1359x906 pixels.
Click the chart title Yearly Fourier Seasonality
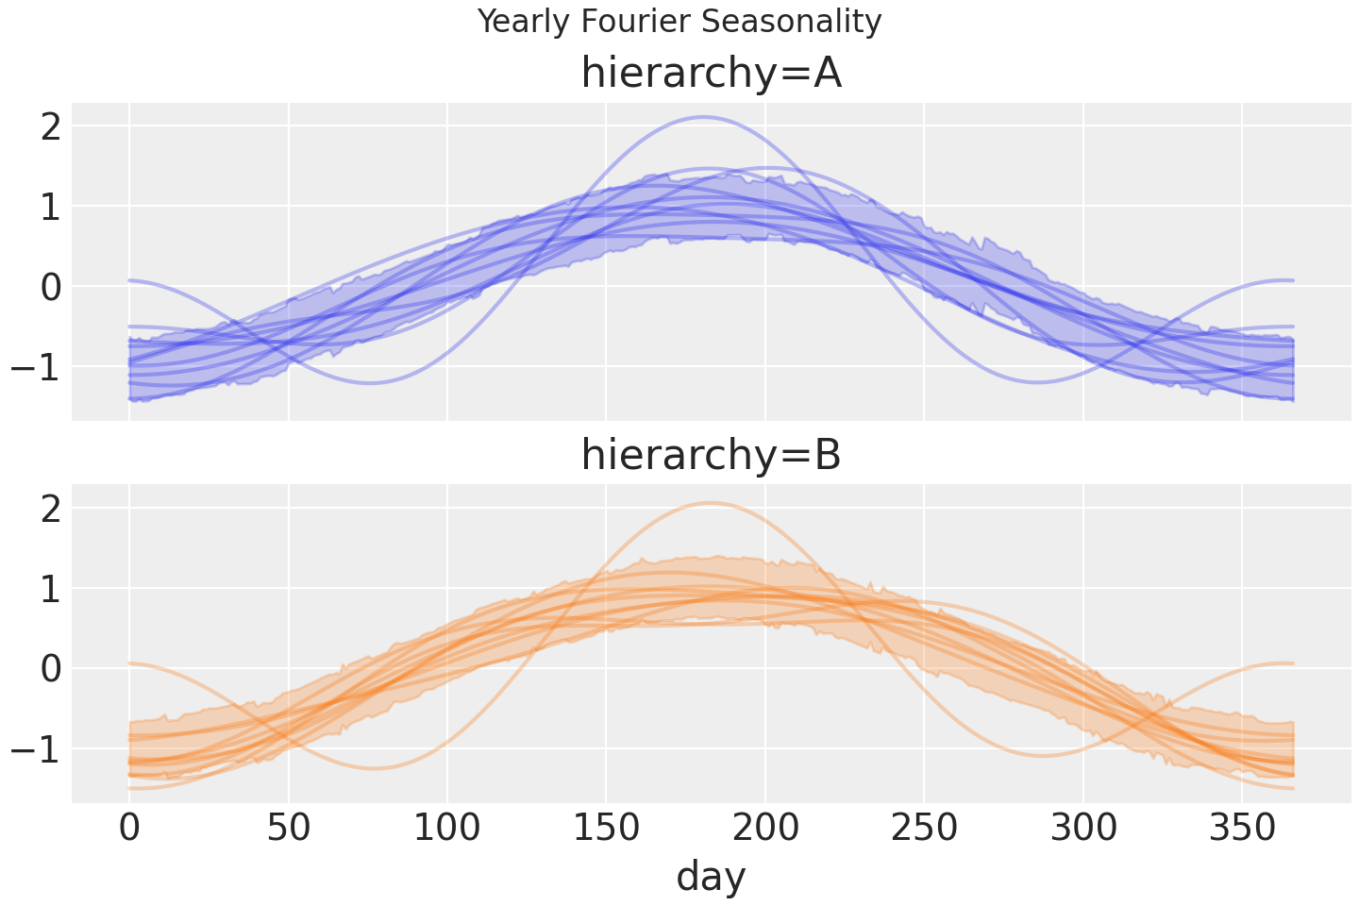click(679, 21)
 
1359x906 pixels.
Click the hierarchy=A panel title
click(711, 74)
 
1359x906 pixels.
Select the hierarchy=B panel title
click(711, 456)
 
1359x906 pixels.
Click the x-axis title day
click(711, 876)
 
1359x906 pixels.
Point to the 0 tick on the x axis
click(129, 830)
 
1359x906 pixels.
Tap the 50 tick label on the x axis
click(288, 830)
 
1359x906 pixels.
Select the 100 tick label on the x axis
click(447, 830)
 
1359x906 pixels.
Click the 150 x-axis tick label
click(606, 830)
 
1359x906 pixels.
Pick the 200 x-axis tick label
click(765, 830)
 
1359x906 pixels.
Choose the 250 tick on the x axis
click(924, 830)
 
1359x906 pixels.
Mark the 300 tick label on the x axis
click(1083, 830)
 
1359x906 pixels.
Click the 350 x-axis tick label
click(1242, 830)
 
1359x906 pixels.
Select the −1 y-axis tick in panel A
click(38, 366)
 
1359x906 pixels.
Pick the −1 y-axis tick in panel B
click(38, 749)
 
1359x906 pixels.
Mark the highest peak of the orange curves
click(710, 502)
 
